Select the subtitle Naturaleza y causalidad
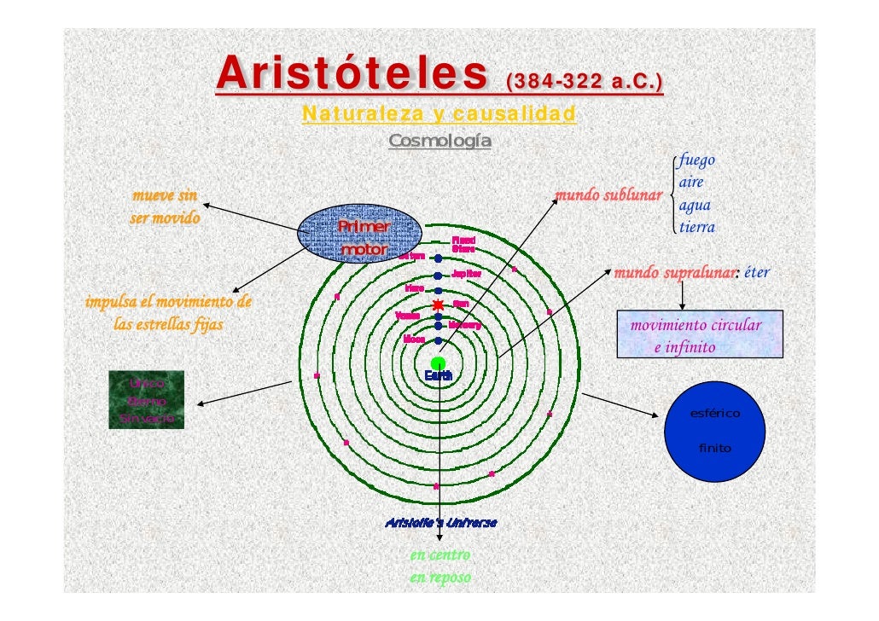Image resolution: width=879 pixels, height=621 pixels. [x=439, y=113]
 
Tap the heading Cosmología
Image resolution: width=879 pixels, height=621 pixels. [x=439, y=140]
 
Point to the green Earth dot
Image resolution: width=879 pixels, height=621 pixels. [x=438, y=364]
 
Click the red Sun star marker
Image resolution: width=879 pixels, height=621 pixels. [x=438, y=304]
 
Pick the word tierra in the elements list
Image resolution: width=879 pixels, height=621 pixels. [x=696, y=227]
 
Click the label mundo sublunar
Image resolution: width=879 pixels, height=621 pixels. [x=608, y=196]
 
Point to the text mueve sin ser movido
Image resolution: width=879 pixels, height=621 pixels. [x=165, y=206]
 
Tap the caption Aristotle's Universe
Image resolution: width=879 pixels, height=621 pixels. [x=440, y=521]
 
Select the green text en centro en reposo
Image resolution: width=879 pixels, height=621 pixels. [x=439, y=566]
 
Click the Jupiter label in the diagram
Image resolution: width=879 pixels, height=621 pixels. [x=466, y=275]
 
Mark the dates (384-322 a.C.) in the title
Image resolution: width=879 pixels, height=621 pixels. [x=585, y=83]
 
